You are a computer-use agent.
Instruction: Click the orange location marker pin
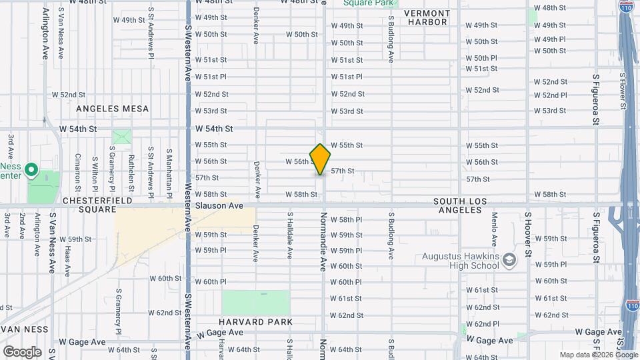[x=320, y=159]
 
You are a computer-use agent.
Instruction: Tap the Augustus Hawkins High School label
[x=460, y=261]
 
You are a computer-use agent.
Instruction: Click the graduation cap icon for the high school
[x=510, y=259]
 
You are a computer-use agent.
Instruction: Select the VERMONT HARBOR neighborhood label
[x=427, y=17]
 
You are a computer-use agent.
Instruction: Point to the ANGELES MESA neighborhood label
[x=112, y=109]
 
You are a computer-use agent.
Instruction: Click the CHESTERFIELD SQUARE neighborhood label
[x=90, y=205]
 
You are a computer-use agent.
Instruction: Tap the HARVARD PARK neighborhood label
[x=258, y=323]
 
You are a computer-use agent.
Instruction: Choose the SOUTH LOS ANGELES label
[x=460, y=205]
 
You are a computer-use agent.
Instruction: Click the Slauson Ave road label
[x=219, y=206]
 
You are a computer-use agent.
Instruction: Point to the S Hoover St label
[x=527, y=234]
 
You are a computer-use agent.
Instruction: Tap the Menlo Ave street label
[x=495, y=230]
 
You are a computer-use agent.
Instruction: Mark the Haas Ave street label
[x=67, y=261]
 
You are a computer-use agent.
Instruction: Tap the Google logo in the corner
[x=22, y=351]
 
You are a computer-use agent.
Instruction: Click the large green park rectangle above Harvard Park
[x=256, y=302]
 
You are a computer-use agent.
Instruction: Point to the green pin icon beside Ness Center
[x=31, y=171]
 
